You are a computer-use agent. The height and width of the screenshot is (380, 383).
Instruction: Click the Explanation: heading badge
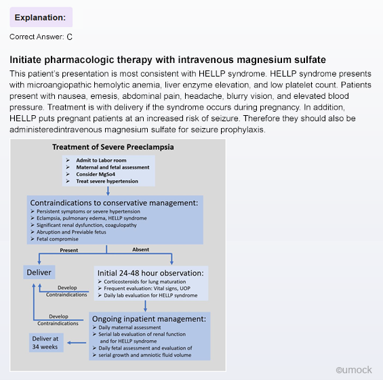pos(41,17)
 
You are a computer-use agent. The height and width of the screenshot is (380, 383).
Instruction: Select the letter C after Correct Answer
pos(70,37)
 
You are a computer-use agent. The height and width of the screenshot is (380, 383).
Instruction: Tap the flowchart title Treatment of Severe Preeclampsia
pos(113,147)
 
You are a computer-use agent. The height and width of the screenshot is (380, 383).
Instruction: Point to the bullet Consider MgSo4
pos(96,174)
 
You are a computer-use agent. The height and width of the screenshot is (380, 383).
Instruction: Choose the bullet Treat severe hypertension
pos(107,181)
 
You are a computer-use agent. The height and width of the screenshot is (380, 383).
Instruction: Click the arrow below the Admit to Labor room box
pos(108,191)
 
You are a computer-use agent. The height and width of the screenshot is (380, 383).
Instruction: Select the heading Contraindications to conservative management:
pos(114,203)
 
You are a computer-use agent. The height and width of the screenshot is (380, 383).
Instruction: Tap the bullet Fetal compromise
pos(58,239)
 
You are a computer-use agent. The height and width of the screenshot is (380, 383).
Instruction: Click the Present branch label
pos(69,250)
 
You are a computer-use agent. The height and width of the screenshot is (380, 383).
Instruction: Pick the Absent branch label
pos(141,249)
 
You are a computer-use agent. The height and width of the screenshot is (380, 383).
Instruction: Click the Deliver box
pos(39,272)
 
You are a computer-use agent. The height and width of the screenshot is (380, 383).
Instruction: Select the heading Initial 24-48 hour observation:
pos(150,273)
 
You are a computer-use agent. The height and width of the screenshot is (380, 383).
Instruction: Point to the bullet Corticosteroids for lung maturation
pos(145,282)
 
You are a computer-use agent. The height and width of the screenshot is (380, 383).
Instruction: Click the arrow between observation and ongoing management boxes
pos(145,306)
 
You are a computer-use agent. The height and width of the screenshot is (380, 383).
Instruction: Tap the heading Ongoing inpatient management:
pos(149,319)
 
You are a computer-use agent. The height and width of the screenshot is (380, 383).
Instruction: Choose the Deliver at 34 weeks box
pos(46,343)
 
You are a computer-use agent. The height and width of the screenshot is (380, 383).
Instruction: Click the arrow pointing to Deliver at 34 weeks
pos(77,343)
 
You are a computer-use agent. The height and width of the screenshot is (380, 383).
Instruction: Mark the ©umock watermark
pos(354,370)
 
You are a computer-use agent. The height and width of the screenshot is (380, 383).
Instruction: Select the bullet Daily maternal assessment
pos(129,328)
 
